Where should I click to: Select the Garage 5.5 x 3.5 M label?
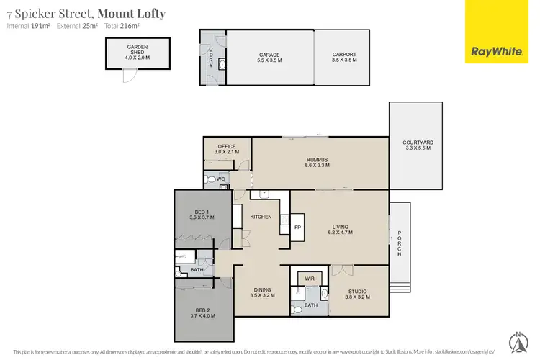tap(269, 58)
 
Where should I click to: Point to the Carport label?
tap(345, 58)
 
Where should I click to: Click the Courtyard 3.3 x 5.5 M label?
tap(416, 145)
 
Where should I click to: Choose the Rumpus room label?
tap(318, 162)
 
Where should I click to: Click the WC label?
tap(221, 179)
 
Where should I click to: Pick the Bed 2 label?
tap(203, 312)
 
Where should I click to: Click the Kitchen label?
tap(260, 217)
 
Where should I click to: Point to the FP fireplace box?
tap(297, 228)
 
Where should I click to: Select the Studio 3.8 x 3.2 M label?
tap(357, 294)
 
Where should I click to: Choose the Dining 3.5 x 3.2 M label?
tap(262, 293)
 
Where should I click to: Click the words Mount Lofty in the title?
tap(131, 14)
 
